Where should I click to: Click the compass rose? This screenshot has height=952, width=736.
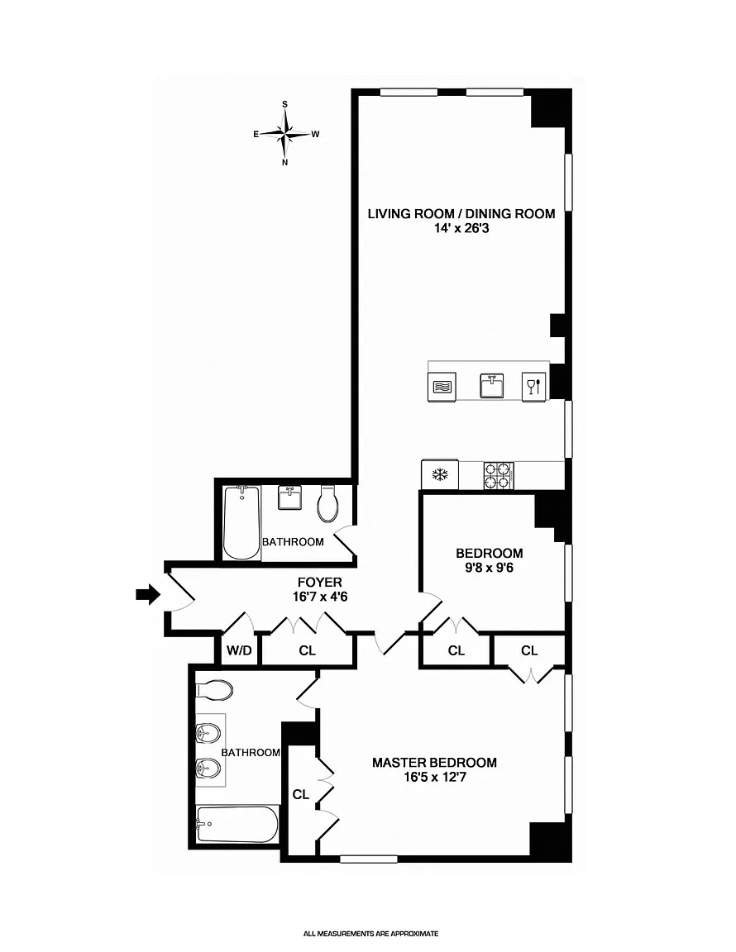pyautogui.click(x=285, y=134)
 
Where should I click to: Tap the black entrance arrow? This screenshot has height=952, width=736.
pyautogui.click(x=148, y=594)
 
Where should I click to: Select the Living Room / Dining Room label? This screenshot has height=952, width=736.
pyautogui.click(x=461, y=214)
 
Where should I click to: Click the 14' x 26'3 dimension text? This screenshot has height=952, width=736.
pyautogui.click(x=461, y=229)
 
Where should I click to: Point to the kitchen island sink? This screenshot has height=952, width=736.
pyautogui.click(x=492, y=385)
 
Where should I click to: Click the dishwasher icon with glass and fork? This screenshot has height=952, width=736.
pyautogui.click(x=533, y=386)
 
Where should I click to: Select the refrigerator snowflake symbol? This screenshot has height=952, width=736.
pyautogui.click(x=439, y=475)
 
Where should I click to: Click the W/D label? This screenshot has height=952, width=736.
pyautogui.click(x=239, y=651)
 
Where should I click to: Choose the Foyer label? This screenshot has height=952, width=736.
pyautogui.click(x=320, y=583)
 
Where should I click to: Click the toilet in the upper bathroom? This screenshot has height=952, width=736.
pyautogui.click(x=327, y=503)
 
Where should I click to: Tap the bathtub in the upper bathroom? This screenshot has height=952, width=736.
pyautogui.click(x=242, y=521)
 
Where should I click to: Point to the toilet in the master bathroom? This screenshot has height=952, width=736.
pyautogui.click(x=214, y=690)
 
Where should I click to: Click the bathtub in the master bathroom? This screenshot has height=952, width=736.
pyautogui.click(x=237, y=824)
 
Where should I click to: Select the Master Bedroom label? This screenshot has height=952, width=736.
pyautogui.click(x=434, y=763)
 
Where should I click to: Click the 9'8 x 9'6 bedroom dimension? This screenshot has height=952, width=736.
pyautogui.click(x=490, y=569)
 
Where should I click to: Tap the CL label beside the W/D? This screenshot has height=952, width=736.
pyautogui.click(x=308, y=651)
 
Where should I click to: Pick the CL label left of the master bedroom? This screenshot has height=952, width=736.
pyautogui.click(x=301, y=794)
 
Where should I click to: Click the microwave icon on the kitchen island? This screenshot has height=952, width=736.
pyautogui.click(x=442, y=387)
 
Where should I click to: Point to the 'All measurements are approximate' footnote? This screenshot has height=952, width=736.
pyautogui.click(x=370, y=934)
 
